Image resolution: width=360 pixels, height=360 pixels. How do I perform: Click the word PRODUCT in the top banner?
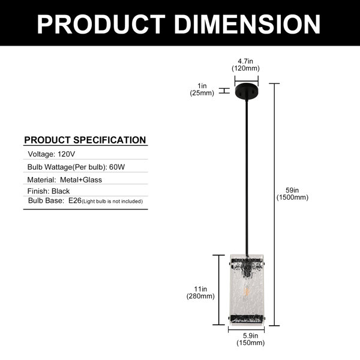pyautogui.click(x=101, y=25)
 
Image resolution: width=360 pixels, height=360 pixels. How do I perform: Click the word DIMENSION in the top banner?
pyautogui.click(x=247, y=25)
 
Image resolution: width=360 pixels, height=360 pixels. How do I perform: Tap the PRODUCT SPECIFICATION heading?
pyautogui.click(x=85, y=140)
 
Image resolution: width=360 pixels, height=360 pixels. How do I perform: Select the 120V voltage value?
pyautogui.click(x=67, y=154)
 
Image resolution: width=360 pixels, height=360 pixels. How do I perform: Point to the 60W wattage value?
pyautogui.click(x=117, y=167)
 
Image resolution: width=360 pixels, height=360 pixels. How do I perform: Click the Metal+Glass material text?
pyautogui.click(x=81, y=180)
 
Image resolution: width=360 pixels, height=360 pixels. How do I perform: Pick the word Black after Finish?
pyautogui.click(x=61, y=191)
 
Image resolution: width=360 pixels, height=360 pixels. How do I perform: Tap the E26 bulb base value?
pyautogui.click(x=75, y=200)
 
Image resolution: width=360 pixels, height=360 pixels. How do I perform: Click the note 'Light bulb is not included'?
pyautogui.click(x=112, y=202)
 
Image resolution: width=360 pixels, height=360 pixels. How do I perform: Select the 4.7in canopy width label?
pyautogui.click(x=245, y=65)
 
